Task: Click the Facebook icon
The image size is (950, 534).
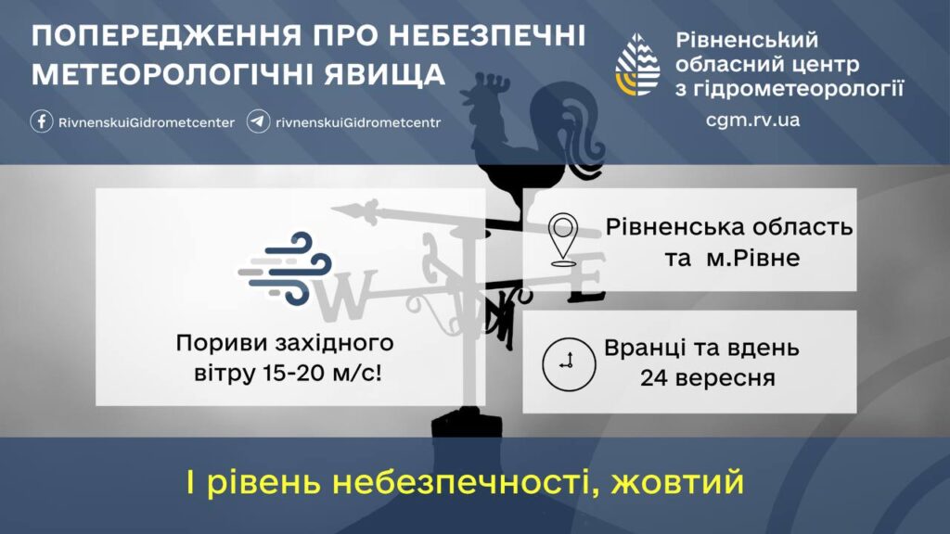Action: (41, 121)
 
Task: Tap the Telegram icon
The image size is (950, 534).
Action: (258, 121)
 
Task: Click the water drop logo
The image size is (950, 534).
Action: (637, 65)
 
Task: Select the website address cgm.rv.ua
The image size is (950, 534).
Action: (752, 120)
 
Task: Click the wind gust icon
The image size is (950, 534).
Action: (285, 268)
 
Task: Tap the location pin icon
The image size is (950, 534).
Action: (563, 239)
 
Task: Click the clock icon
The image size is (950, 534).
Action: (569, 363)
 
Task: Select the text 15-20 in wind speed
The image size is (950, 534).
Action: (293, 373)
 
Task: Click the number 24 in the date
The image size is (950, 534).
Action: (654, 378)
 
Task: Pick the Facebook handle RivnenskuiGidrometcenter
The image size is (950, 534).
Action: (147, 122)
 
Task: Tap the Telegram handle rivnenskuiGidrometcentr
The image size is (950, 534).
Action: (358, 122)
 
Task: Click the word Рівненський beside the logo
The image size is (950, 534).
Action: (747, 40)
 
